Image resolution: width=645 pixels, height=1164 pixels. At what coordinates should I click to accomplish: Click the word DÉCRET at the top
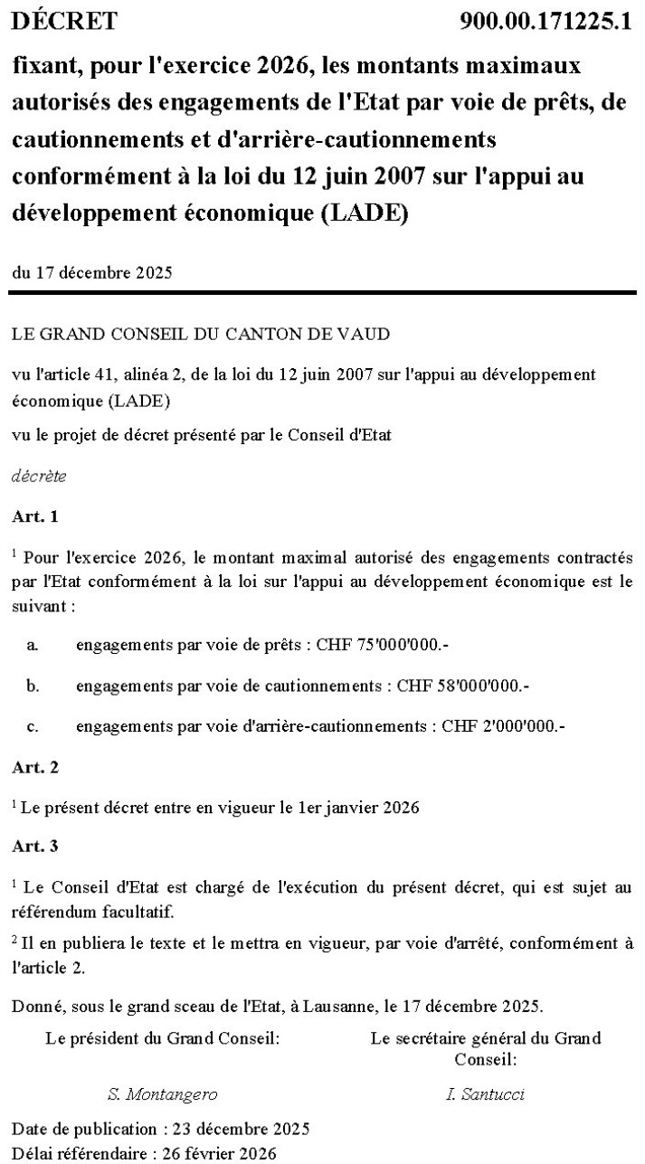point(64,21)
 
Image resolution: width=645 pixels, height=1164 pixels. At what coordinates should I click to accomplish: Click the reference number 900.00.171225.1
point(545,21)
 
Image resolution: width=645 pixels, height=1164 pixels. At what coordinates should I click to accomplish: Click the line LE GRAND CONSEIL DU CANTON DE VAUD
point(201,334)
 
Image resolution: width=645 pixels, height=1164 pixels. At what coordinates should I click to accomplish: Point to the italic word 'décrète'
point(39,475)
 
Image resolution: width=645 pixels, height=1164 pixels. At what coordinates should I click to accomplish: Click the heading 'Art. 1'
point(35,516)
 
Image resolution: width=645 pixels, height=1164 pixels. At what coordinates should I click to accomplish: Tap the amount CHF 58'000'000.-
point(462,686)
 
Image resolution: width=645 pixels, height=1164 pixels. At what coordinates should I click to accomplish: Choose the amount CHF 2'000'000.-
point(503,726)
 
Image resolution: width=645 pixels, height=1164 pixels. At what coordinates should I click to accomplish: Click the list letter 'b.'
point(33,686)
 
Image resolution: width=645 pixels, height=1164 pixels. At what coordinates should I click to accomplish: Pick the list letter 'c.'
point(33,726)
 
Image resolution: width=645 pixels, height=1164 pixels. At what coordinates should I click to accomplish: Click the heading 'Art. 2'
point(35,767)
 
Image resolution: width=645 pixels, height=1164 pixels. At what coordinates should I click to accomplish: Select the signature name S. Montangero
point(163,1094)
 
